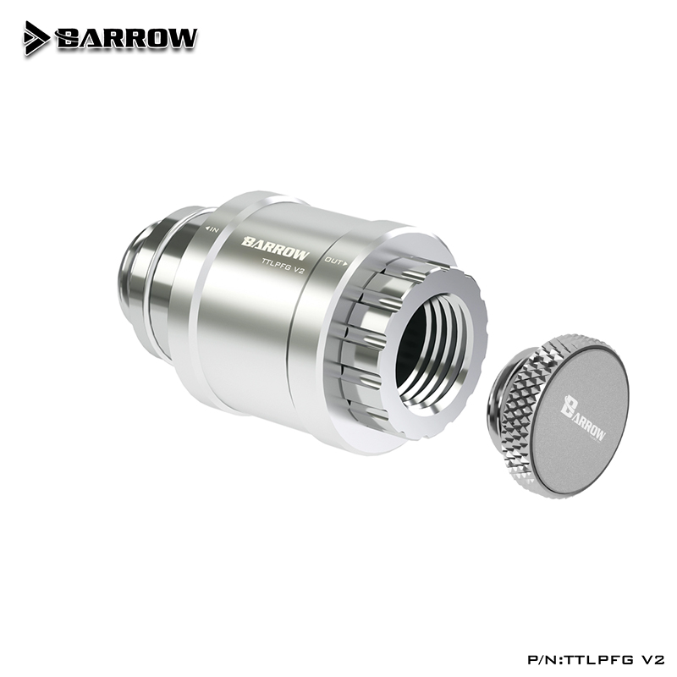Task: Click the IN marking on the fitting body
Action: [x=213, y=230]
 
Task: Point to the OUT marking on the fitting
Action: [x=336, y=261]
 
